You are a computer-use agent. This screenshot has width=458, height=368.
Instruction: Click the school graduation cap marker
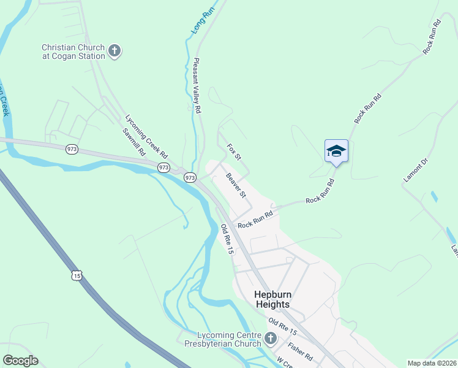[x=336, y=151]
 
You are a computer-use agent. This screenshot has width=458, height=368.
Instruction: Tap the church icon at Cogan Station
[x=114, y=51]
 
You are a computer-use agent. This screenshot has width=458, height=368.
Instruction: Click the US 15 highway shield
[x=76, y=276]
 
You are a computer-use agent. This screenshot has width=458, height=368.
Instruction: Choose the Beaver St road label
[x=236, y=186]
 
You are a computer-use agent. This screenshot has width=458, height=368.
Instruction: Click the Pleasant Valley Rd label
[x=197, y=86]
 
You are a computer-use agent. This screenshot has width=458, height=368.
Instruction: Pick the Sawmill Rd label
[x=133, y=142]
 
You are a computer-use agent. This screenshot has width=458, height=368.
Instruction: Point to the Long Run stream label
[x=198, y=20]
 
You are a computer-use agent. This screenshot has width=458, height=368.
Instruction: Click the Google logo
[x=21, y=361]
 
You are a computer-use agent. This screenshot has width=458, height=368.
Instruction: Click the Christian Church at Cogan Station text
[x=73, y=51]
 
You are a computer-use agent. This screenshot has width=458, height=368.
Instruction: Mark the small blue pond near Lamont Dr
[x=434, y=196]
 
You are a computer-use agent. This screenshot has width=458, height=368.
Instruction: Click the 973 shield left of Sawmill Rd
[x=72, y=150]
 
